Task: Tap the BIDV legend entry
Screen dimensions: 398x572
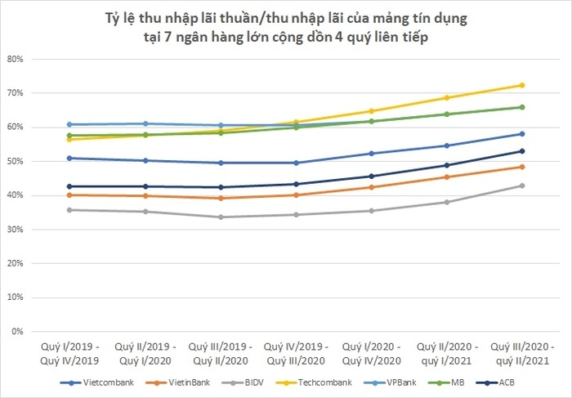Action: pyautogui.click(x=240, y=382)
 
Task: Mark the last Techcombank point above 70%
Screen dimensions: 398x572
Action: pyautogui.click(x=521, y=85)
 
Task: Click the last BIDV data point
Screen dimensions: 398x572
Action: pyautogui.click(x=521, y=186)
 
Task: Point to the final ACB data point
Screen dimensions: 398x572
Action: pyautogui.click(x=521, y=151)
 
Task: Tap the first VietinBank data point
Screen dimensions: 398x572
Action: pyautogui.click(x=69, y=195)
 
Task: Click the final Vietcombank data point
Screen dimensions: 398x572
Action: pyautogui.click(x=521, y=134)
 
